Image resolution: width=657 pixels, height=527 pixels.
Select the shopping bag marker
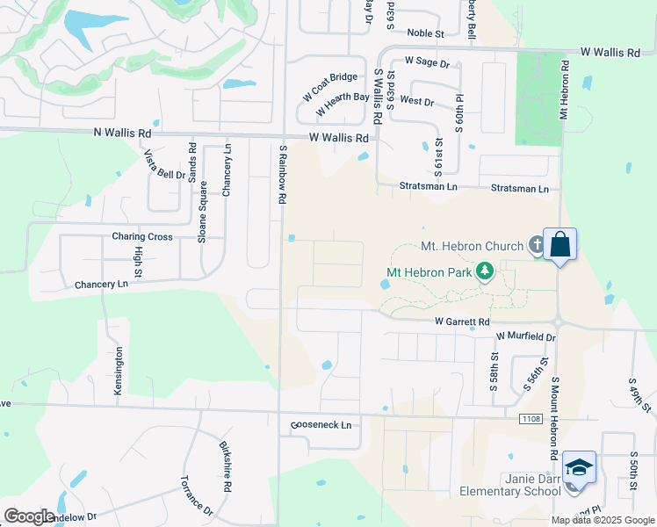coord(560,244)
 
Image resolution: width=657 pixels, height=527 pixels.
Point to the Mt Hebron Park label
coord(430,272)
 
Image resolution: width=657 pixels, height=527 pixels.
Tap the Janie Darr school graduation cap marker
coord(580,466)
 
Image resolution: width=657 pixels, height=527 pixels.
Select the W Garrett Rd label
coord(463,322)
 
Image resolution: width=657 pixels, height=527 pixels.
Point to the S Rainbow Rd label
coord(283,175)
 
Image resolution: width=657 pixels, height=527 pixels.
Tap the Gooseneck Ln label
coord(321,425)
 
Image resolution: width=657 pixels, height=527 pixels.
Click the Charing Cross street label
coord(142,237)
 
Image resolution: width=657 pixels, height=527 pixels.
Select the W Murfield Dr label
coord(526,336)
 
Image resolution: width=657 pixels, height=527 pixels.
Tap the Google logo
coord(29,516)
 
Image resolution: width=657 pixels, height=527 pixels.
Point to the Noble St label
coord(427,33)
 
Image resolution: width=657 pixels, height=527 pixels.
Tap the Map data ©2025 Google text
coord(603,520)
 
